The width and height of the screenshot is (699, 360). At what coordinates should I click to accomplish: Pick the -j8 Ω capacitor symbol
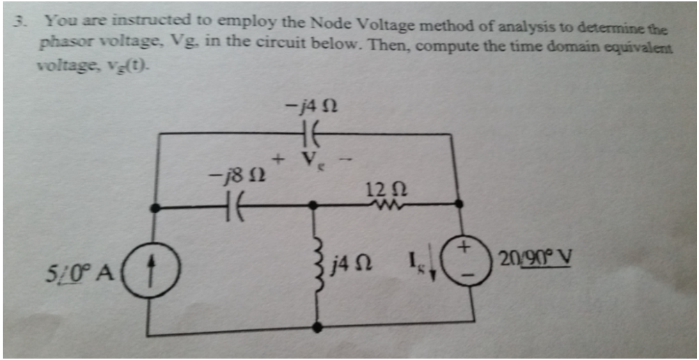(x=233, y=207)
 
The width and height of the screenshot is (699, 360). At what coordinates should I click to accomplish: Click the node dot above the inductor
(x=314, y=205)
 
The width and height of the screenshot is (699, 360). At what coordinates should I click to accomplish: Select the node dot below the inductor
(x=318, y=325)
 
